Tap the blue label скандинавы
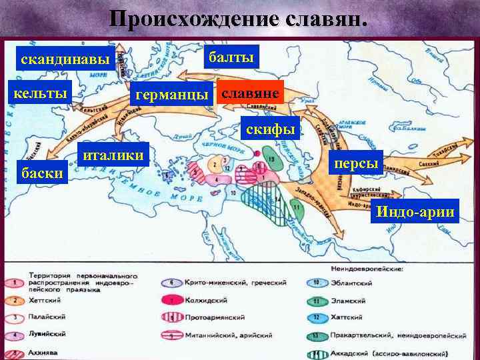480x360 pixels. point(65,59)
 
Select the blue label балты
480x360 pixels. point(231,58)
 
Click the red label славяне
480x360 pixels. point(251,93)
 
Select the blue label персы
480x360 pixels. point(357,163)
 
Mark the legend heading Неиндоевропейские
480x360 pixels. point(365,269)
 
